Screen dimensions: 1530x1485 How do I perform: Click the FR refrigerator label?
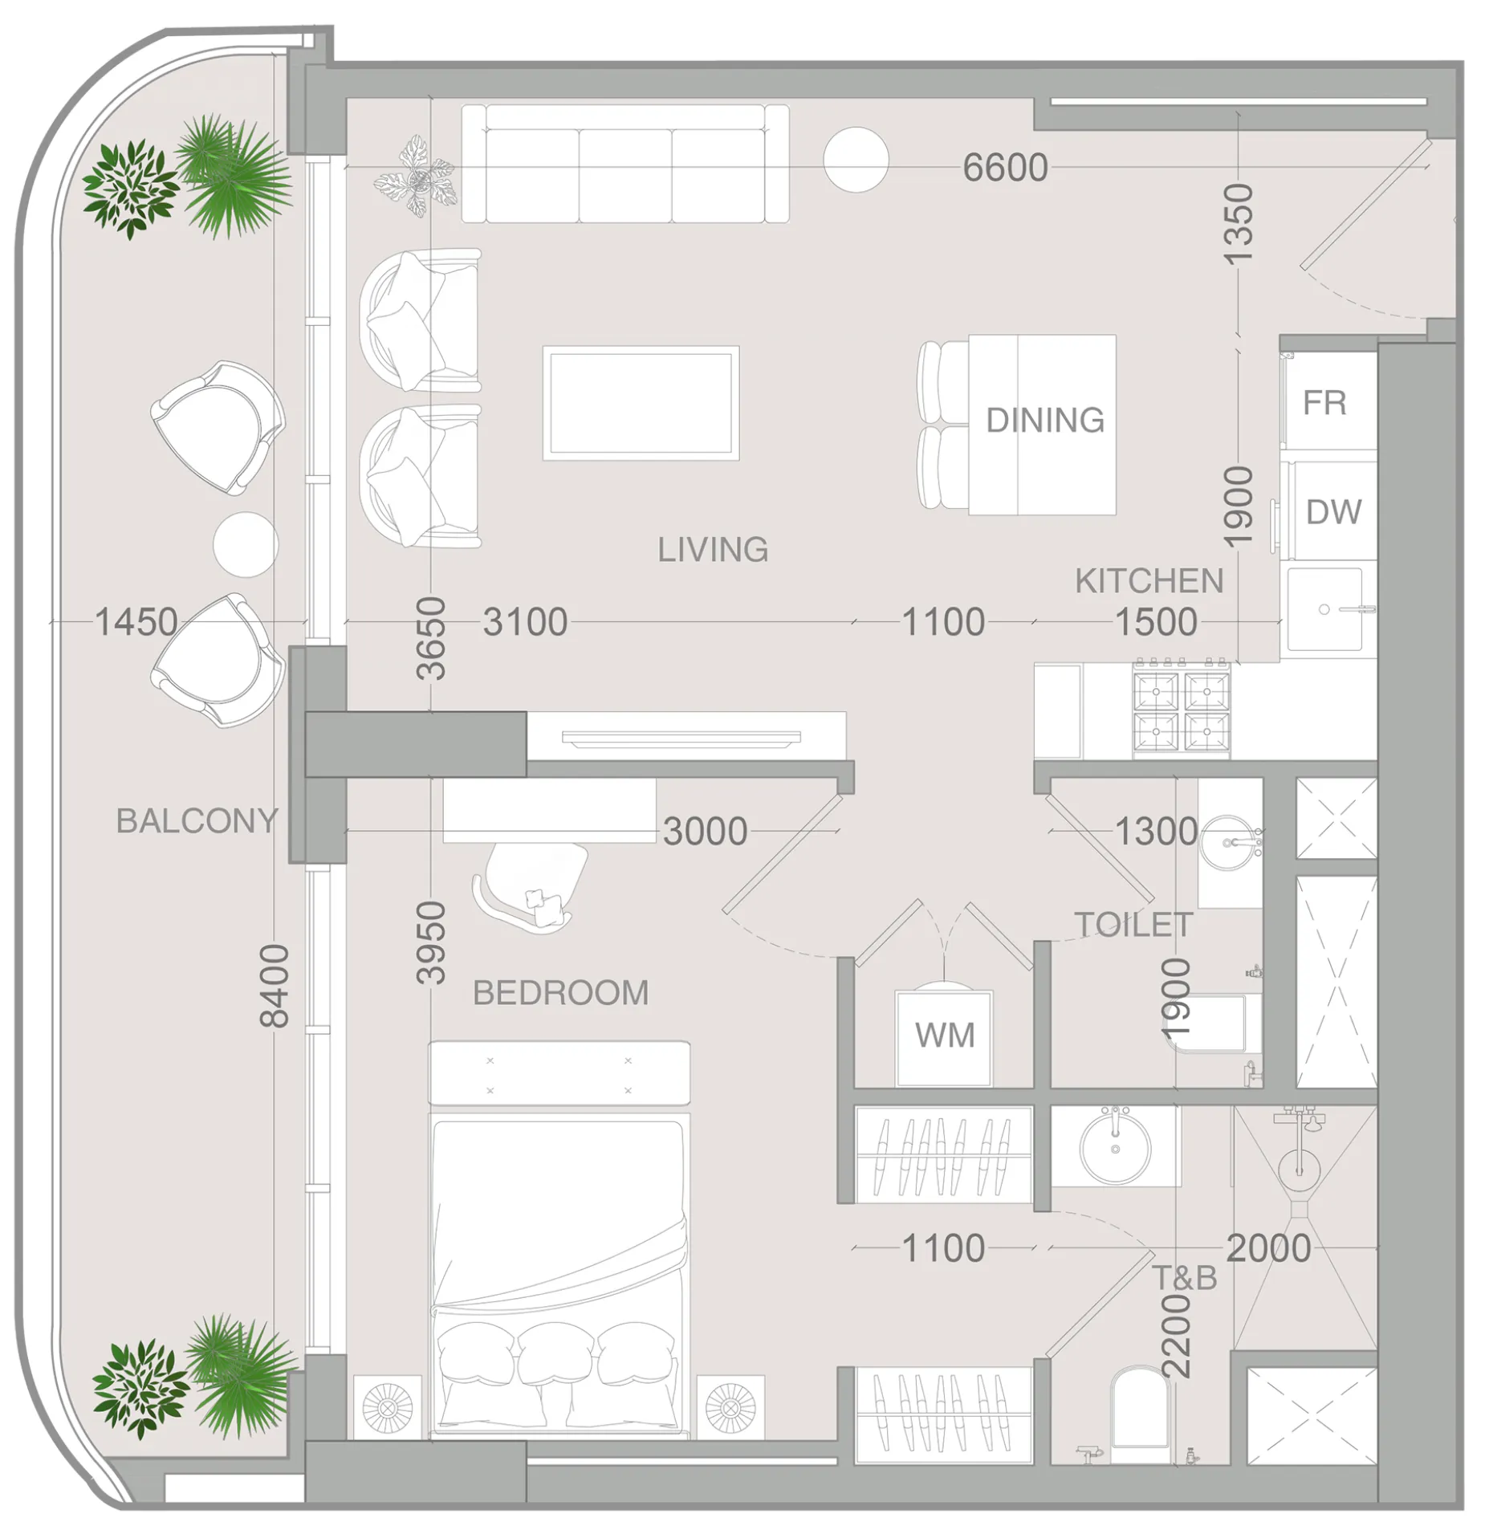[x=1324, y=403]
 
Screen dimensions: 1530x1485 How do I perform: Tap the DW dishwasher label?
[x=1332, y=511]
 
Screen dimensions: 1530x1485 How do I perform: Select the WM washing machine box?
[x=944, y=1036]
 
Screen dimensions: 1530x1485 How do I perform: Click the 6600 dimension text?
[x=1004, y=168]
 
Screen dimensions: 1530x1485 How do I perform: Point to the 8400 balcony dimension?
[x=275, y=986]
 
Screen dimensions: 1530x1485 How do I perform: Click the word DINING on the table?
[x=1044, y=421]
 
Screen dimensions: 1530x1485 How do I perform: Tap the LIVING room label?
[x=712, y=550]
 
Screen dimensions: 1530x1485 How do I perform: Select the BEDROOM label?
[x=560, y=993]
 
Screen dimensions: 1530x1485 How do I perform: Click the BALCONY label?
[x=197, y=820]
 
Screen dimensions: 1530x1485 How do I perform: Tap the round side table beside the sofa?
[x=856, y=160]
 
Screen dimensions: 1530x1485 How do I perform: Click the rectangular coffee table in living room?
[x=641, y=403]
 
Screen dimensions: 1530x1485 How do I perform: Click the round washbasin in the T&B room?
[x=1115, y=1148]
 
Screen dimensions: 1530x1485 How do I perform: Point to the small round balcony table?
[x=246, y=544]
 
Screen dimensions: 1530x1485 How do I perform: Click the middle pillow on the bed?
[x=556, y=1354]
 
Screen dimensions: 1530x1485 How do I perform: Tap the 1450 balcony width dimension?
[x=136, y=621]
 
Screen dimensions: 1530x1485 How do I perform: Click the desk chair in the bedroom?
[x=531, y=885]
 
